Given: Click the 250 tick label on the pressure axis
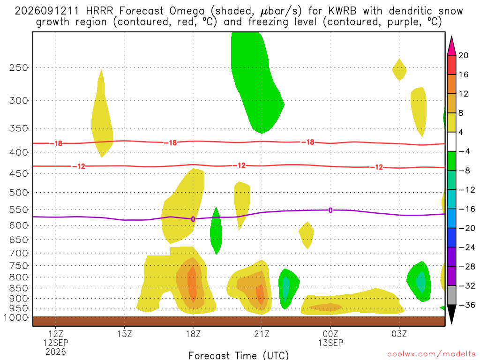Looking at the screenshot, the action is [x=18, y=67].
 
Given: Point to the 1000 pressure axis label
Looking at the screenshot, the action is [x=16, y=317].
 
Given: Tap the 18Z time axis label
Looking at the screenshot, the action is [x=193, y=333].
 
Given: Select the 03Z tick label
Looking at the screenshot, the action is [x=399, y=333].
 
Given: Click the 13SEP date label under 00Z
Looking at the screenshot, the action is [x=330, y=343].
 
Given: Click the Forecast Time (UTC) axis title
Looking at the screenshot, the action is [x=239, y=355].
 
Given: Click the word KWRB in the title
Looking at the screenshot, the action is [x=342, y=11].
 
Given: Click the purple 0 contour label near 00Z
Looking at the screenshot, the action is [x=330, y=210].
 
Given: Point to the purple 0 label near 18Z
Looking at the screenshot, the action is [x=193, y=219].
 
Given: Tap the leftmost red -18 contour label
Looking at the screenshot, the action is [x=56, y=143].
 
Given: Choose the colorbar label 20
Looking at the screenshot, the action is [x=463, y=55].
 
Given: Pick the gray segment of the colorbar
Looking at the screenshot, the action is [x=451, y=295].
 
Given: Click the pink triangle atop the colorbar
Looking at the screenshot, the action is [x=451, y=46].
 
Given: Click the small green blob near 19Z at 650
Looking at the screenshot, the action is [x=216, y=231].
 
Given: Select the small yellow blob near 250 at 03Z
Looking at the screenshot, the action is [x=399, y=70].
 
